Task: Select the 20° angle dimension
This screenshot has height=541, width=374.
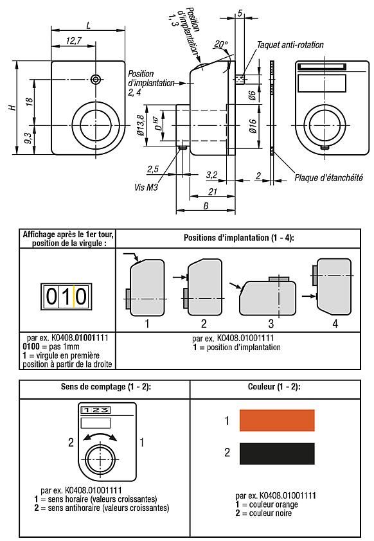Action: pos(221,44)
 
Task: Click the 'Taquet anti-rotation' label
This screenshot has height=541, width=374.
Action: pos(290,45)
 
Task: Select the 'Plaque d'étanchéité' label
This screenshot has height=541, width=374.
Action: pos(328,178)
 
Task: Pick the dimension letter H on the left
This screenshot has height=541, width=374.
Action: pos(12,107)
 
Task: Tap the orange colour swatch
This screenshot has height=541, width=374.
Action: pos(276,421)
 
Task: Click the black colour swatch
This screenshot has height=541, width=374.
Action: pos(276,452)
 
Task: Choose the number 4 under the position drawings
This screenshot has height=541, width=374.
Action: pos(335,324)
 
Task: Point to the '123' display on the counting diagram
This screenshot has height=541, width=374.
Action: pos(94,408)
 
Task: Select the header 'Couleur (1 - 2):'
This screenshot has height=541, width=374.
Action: pos(275,387)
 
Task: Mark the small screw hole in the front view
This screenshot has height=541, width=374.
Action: pos(96,79)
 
